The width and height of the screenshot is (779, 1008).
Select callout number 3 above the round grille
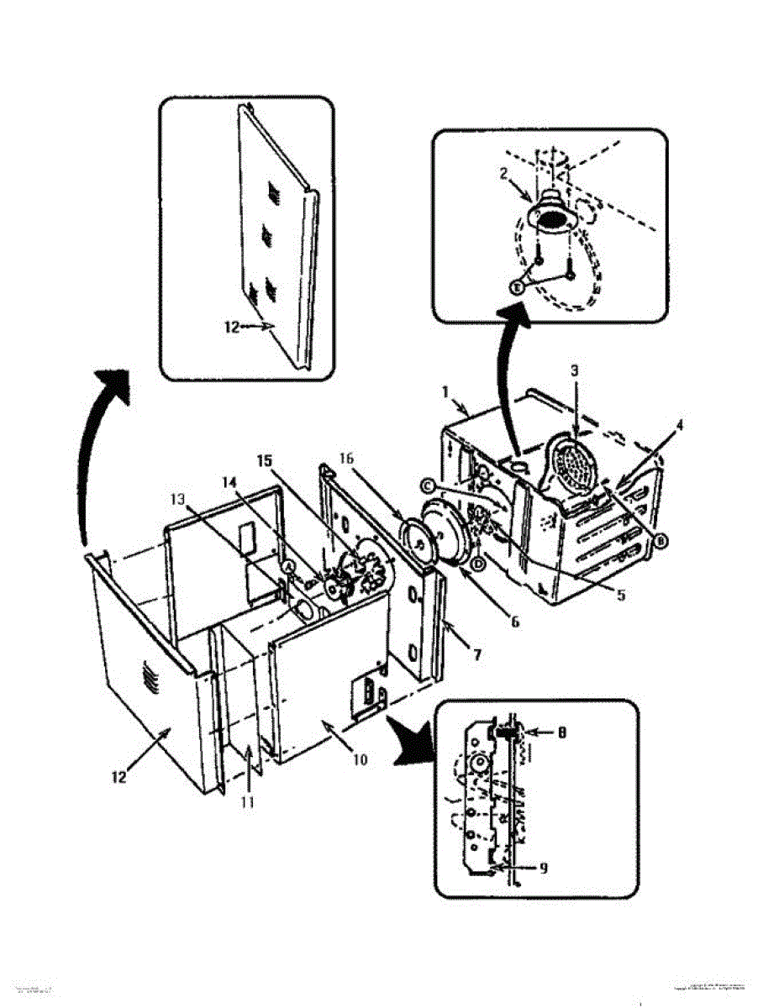coord(574,370)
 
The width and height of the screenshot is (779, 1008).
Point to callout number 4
coord(679,425)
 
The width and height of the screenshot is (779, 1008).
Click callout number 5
coord(620,596)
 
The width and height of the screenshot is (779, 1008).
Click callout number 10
coord(361,760)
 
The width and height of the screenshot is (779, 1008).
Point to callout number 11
coord(249,802)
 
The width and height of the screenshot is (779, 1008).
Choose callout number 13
coord(176,499)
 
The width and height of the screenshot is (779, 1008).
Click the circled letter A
coord(290,567)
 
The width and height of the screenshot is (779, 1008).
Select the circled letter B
coord(661,542)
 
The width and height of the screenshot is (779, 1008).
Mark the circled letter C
coord(428,486)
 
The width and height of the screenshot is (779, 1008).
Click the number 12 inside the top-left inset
coord(233,328)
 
